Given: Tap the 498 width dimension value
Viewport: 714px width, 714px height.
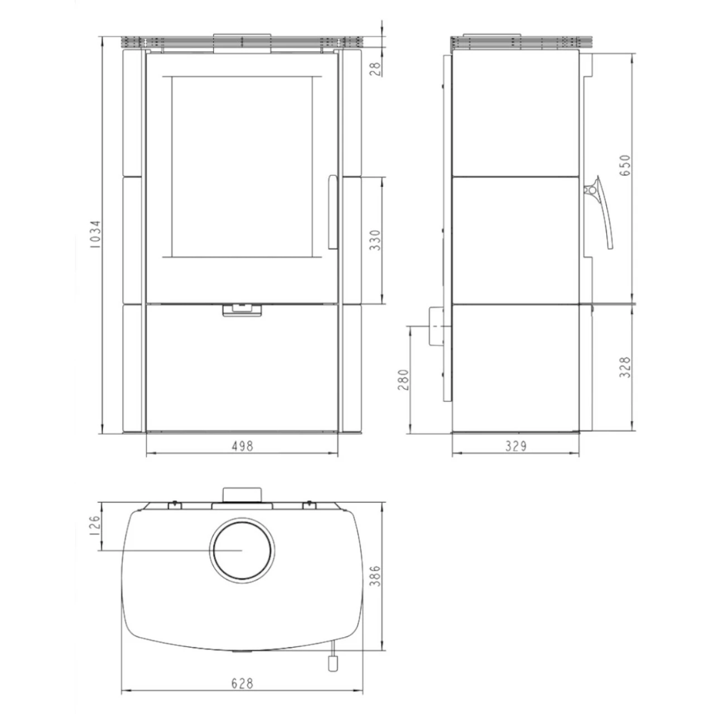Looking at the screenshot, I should pyautogui.click(x=242, y=446).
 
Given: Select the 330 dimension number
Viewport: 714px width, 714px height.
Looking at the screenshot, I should pyautogui.click(x=375, y=240).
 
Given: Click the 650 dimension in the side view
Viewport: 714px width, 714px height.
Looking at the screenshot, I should pyautogui.click(x=625, y=166).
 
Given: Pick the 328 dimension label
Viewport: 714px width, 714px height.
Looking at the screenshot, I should pyautogui.click(x=625, y=367).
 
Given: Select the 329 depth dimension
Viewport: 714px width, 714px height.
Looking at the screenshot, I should pyautogui.click(x=515, y=446).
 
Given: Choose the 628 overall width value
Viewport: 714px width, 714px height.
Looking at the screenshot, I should pyautogui.click(x=242, y=683).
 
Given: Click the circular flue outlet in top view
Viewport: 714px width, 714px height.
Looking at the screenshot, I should pyautogui.click(x=242, y=549).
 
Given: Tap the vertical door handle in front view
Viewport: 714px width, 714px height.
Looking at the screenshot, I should pyautogui.click(x=332, y=212).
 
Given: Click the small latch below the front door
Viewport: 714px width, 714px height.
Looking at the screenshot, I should pyautogui.click(x=242, y=310).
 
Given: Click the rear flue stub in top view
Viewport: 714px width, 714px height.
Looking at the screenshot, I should pyautogui.click(x=242, y=494).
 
